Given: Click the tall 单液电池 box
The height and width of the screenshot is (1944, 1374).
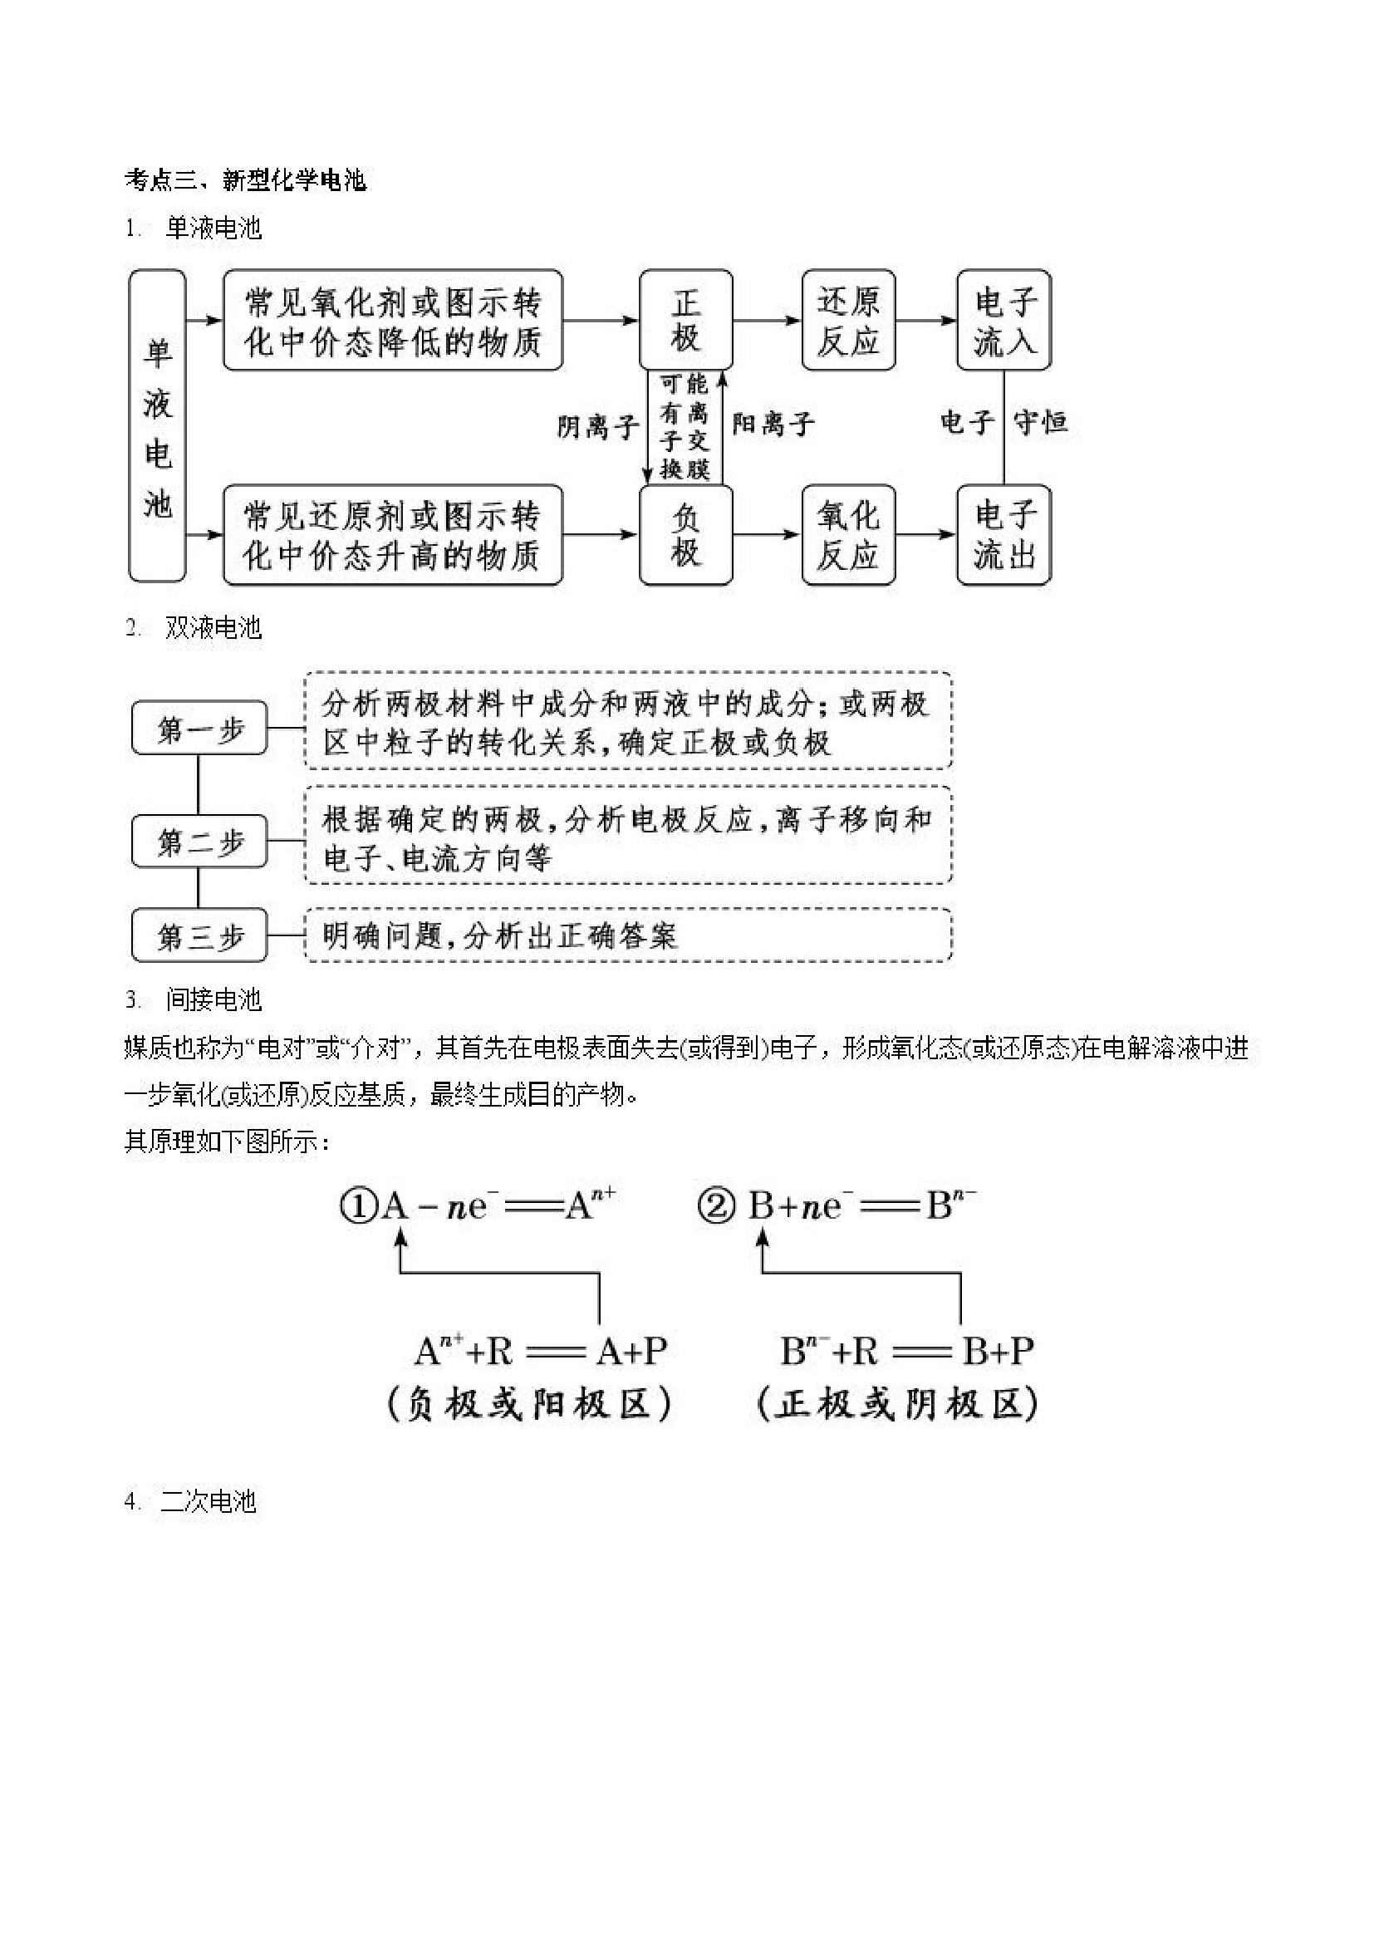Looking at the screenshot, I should click(157, 426).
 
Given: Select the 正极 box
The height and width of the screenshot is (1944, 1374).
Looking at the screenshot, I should click(685, 320).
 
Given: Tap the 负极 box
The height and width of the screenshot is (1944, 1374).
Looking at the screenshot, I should click(685, 534).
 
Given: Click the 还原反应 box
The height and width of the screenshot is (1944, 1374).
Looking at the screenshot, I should click(847, 320).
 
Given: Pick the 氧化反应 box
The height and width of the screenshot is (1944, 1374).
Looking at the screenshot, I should click(847, 534).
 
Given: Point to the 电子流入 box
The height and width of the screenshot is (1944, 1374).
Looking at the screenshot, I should click(1004, 320).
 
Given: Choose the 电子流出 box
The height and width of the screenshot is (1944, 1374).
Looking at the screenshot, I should click(1004, 534).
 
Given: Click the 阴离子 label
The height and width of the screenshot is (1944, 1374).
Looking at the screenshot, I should click(597, 426).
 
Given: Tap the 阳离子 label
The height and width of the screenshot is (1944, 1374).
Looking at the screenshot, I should click(773, 424).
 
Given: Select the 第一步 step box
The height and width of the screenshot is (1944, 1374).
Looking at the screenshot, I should click(199, 728).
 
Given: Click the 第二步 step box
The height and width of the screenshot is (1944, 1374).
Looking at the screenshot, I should click(199, 842).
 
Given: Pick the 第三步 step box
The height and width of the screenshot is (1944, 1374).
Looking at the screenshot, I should click(199, 935).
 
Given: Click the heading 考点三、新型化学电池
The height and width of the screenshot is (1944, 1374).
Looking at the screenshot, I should click(246, 179).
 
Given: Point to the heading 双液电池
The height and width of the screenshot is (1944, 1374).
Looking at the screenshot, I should click(213, 627).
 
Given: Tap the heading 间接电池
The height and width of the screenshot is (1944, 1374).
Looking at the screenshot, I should click(213, 999).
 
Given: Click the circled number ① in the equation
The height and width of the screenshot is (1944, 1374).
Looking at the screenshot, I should click(357, 1205).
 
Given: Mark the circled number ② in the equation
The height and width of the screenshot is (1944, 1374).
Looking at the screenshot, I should click(716, 1205).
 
